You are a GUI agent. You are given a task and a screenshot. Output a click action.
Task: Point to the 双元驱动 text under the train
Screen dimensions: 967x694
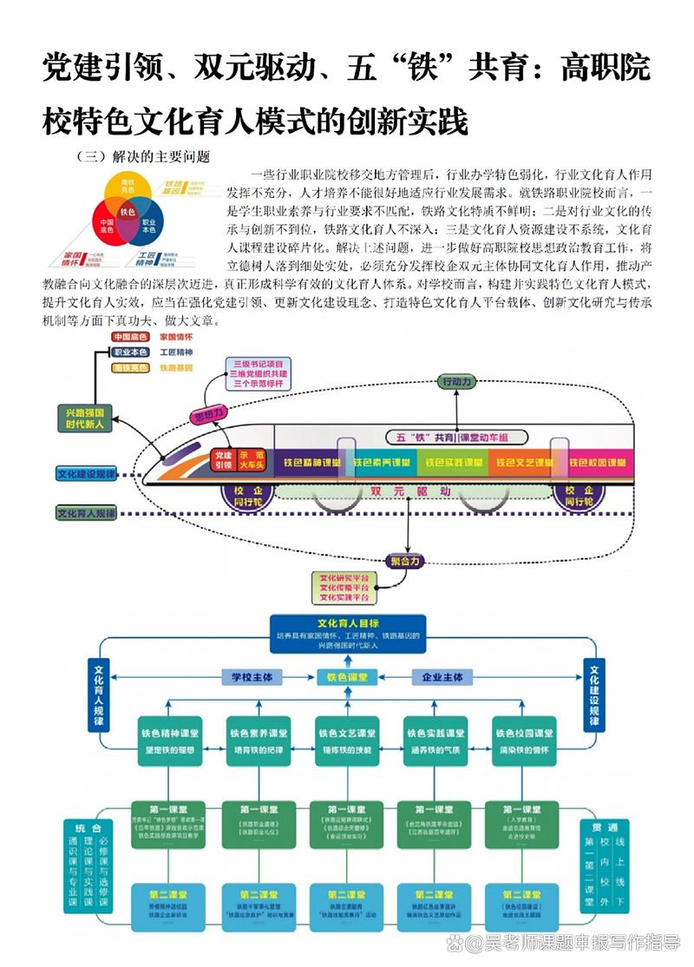pyautogui.click(x=409, y=491)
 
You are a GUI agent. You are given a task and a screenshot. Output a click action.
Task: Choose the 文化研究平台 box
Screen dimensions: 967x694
pyautogui.click(x=344, y=577)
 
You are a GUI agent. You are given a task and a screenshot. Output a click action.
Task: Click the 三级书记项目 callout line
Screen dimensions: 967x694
pyautogui.click(x=258, y=363)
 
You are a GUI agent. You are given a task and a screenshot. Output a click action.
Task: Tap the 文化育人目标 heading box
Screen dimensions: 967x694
pyautogui.click(x=347, y=623)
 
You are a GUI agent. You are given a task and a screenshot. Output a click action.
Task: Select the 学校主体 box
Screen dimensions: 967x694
pyautogui.click(x=251, y=677)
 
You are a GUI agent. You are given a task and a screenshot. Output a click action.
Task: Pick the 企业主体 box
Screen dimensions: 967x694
pyautogui.click(x=442, y=677)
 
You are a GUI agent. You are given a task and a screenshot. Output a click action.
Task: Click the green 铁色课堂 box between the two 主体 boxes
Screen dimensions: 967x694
pyautogui.click(x=346, y=677)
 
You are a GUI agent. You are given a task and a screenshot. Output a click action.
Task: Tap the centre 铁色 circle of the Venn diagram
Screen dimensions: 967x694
pyautogui.click(x=128, y=212)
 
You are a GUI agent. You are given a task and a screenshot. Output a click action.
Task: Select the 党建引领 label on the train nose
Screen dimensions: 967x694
pyautogui.click(x=223, y=459)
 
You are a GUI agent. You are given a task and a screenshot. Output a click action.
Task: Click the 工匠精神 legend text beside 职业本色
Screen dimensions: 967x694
pyautogui.click(x=176, y=352)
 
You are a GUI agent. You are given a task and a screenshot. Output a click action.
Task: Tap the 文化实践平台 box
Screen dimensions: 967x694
pyautogui.click(x=344, y=598)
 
